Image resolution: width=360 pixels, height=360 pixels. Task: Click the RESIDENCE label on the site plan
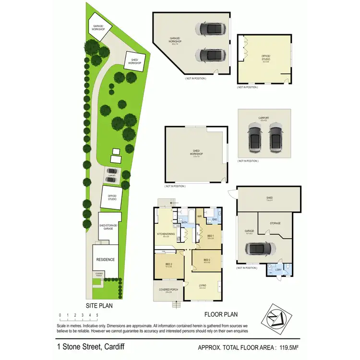tap(105, 260)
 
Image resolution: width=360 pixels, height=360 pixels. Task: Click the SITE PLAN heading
tap(99, 305)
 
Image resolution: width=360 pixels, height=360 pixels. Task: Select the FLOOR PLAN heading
tap(220, 315)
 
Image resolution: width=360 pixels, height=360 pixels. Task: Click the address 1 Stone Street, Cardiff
tap(90, 347)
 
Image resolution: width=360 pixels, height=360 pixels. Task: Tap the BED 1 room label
tap(210, 236)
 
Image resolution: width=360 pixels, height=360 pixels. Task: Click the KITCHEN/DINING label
tap(166, 235)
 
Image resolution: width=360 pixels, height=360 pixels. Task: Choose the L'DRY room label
tap(278, 269)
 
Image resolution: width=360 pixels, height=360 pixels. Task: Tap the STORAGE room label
tap(275, 223)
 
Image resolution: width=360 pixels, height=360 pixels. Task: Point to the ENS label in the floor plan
tap(215, 219)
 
